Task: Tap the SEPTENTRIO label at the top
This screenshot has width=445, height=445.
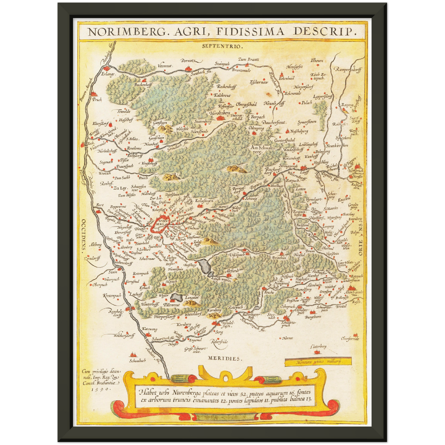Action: coord(223,47)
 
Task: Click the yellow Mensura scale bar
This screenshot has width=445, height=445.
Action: coord(318,362)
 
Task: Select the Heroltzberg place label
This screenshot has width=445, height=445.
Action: coord(220,113)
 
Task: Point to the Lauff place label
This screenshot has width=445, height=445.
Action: coord(304,172)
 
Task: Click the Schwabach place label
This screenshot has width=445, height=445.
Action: coord(138,360)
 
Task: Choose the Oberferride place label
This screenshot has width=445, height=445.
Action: coord(350,339)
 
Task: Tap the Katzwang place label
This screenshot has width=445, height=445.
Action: coord(150,329)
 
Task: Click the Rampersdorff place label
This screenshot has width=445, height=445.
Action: coord(349,70)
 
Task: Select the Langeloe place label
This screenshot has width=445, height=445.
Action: coord(192,297)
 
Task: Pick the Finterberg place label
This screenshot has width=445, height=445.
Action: coord(318,347)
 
